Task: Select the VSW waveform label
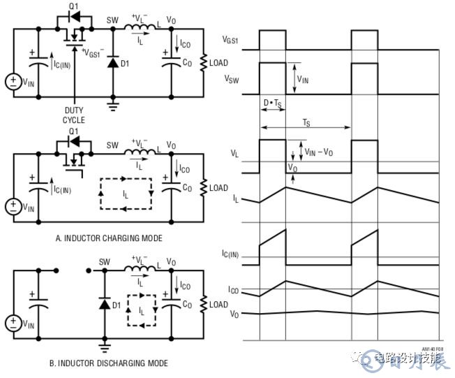click(231, 80)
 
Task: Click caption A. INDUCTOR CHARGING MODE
click(108, 238)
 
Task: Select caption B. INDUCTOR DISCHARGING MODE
click(108, 363)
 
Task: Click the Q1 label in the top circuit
click(73, 7)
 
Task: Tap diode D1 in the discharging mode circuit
click(105, 305)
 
